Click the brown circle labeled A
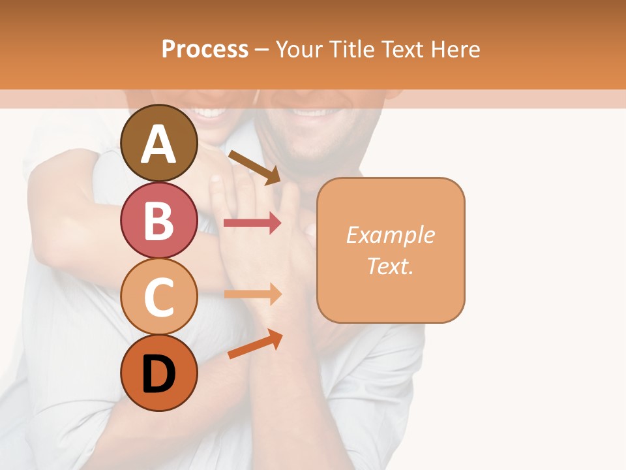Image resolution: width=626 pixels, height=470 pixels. click(x=159, y=144)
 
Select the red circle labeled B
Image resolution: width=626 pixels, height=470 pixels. click(x=159, y=220)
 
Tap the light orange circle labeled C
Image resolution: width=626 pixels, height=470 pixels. click(x=159, y=296)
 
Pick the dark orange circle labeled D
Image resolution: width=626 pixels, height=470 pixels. click(x=159, y=373)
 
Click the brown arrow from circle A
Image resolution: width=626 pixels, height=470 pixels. click(x=254, y=167)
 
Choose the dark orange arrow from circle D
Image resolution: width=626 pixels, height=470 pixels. click(x=255, y=344)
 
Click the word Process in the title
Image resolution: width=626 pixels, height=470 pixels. click(x=205, y=50)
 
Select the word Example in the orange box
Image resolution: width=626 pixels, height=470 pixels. click(x=390, y=235)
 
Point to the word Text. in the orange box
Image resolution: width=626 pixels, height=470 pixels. click(x=390, y=266)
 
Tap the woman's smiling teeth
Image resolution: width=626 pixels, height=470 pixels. click(x=210, y=112)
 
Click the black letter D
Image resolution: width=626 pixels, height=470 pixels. click(x=159, y=375)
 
